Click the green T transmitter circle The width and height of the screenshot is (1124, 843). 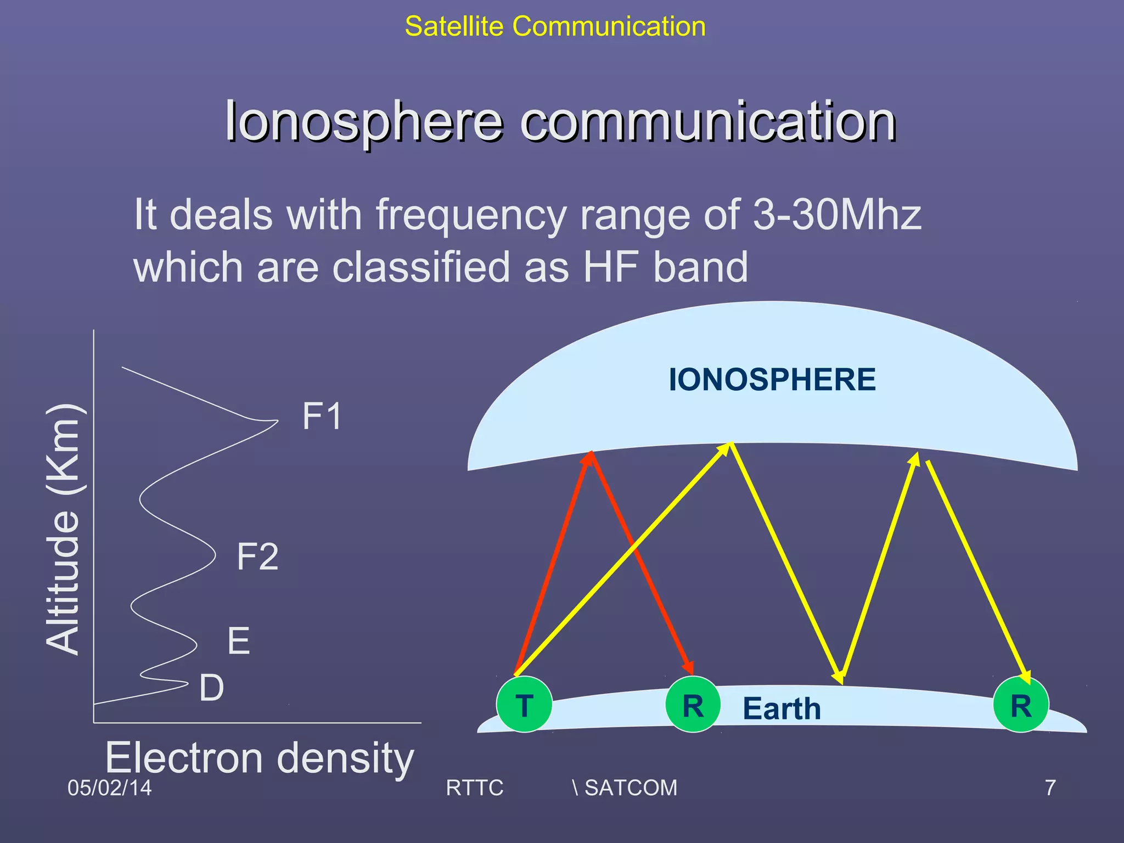(524, 704)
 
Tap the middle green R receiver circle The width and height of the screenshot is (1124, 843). (693, 704)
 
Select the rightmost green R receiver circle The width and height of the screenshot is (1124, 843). (1021, 705)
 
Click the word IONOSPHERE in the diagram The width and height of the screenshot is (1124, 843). (772, 379)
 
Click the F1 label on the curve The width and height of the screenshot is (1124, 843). (322, 416)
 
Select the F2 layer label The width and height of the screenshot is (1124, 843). (257, 557)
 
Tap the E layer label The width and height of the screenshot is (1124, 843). (239, 640)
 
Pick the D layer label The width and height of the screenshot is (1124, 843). (211, 688)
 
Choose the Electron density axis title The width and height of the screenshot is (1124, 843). (260, 758)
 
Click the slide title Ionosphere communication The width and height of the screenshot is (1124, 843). (560, 121)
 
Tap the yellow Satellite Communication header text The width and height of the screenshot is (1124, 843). (555, 26)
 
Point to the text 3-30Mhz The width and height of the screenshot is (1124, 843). (836, 214)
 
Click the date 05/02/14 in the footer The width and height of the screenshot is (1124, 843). (109, 788)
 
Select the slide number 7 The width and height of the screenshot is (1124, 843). (1050, 788)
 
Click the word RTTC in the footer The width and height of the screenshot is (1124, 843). (474, 788)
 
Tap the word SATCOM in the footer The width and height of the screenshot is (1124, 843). (631, 788)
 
